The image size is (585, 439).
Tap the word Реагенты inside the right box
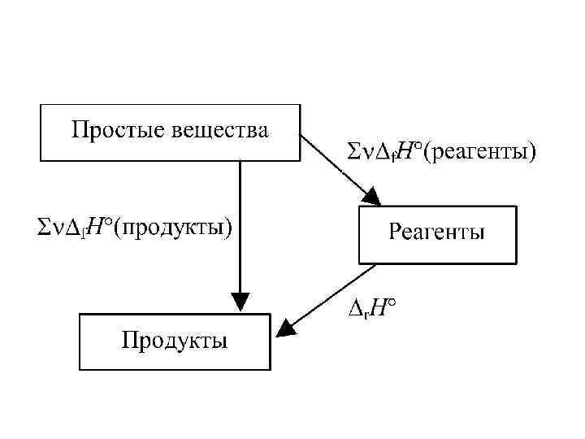[436, 233]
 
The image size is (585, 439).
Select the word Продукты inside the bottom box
[175, 339]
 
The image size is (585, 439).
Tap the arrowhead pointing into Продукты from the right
[284, 328]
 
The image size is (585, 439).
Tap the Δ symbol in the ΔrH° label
[355, 308]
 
